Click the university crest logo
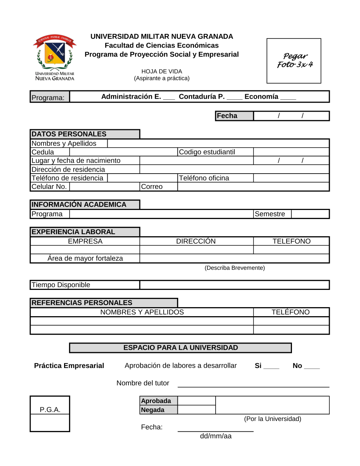coord(55,57)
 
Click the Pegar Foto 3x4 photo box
coord(294,61)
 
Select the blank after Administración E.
coord(169,98)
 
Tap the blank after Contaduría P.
coord(234,98)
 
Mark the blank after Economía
coord(288,98)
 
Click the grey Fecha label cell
coord(234,116)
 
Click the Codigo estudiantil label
coord(207,152)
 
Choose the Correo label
coord(152,187)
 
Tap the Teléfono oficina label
coord(204,178)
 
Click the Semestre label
coord(270,214)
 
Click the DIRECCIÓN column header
coord(196,241)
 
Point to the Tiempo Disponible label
coord(61,285)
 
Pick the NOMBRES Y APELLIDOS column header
coord(142,312)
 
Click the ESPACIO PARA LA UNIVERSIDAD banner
coord(180,348)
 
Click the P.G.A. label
coord(50,409)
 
